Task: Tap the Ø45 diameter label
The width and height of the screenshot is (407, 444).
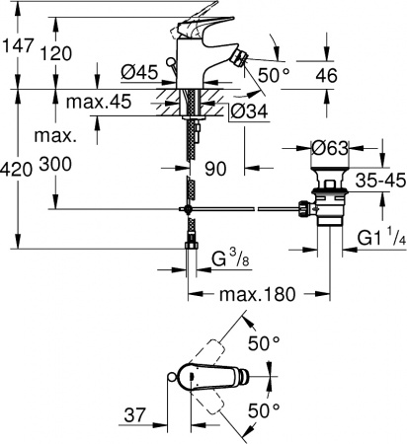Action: pyautogui.click(x=141, y=71)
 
